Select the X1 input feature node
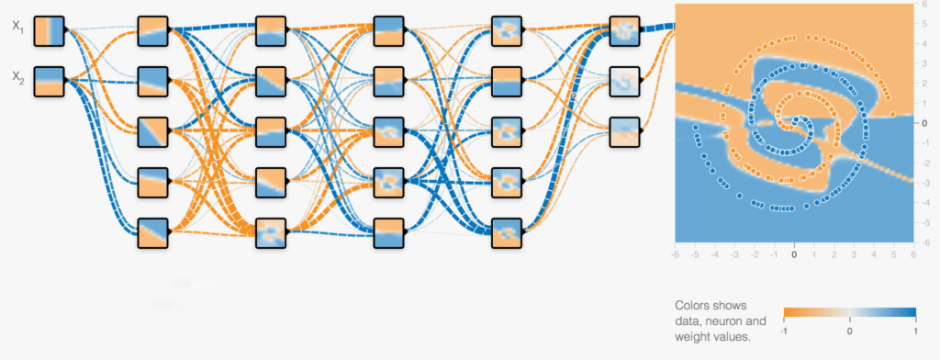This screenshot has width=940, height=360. (49, 30)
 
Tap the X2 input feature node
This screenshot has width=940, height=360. (49, 81)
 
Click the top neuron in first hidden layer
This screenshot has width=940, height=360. (152, 30)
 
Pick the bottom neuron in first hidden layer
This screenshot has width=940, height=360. (152, 232)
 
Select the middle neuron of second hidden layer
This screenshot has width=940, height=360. (271, 132)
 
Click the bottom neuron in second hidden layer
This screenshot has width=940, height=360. (271, 232)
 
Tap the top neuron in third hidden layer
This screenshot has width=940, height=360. (388, 30)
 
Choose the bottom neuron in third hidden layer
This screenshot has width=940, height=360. (388, 232)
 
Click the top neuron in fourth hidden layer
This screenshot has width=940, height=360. (507, 30)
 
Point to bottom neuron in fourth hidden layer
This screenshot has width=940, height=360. (507, 232)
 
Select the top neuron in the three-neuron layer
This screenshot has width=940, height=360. (624, 30)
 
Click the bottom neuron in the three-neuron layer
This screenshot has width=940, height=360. (624, 132)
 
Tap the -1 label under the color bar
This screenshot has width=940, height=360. (786, 331)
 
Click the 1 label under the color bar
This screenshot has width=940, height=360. (914, 331)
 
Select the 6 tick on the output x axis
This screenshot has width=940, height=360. (913, 253)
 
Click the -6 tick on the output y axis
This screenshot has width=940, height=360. (926, 242)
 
